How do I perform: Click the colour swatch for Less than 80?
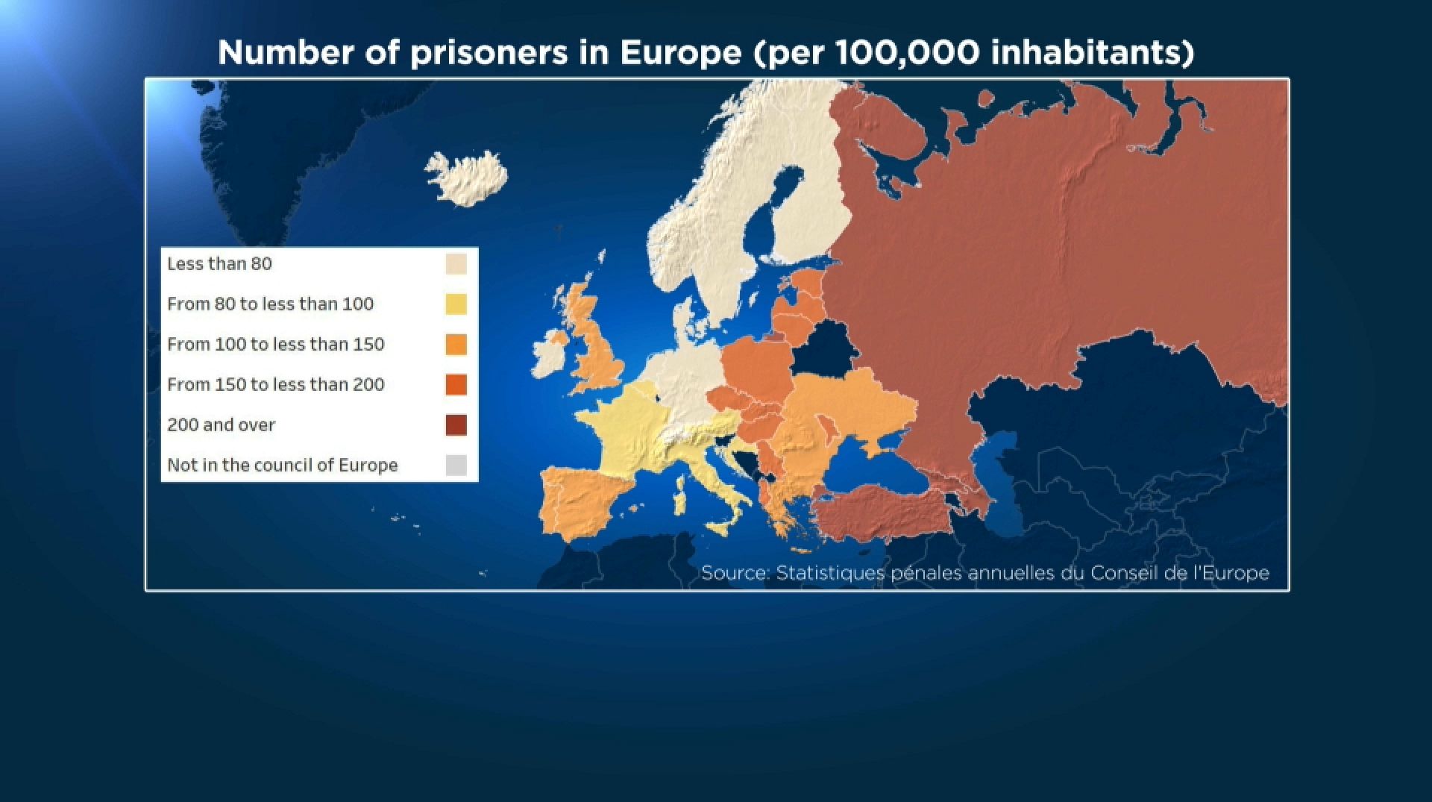click(x=456, y=264)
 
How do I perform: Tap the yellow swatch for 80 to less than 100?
click(x=456, y=304)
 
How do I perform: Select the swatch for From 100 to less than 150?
click(x=456, y=345)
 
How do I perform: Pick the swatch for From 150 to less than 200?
click(x=456, y=385)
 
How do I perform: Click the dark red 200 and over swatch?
click(x=456, y=425)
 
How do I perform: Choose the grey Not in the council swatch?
click(x=456, y=466)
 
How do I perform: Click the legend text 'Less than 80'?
click(x=219, y=264)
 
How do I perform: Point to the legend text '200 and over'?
click(x=221, y=425)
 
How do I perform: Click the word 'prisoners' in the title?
click(x=489, y=52)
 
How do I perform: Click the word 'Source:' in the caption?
click(x=735, y=573)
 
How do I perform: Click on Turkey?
click(x=880, y=515)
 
